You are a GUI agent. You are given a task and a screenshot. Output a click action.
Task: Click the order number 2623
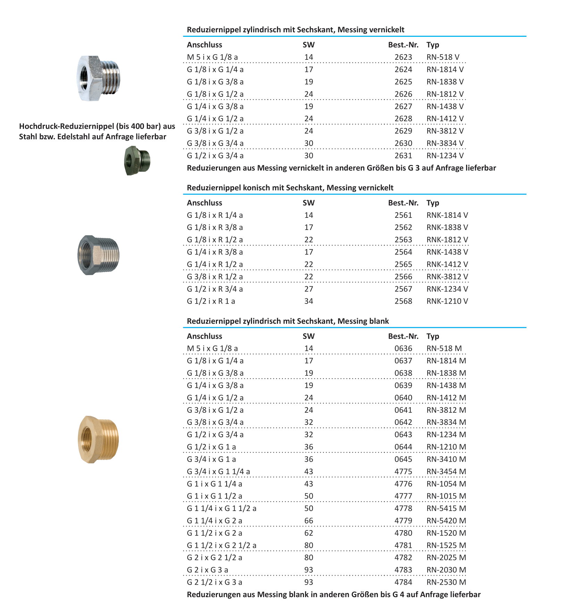(403, 57)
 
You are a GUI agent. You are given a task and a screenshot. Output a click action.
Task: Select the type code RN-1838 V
(445, 82)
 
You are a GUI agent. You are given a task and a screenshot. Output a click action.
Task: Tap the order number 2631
(403, 156)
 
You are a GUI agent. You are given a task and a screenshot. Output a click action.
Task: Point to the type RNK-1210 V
(447, 302)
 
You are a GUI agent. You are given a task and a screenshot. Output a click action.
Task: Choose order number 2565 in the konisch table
(403, 265)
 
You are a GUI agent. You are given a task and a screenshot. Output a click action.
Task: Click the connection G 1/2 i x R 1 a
(211, 302)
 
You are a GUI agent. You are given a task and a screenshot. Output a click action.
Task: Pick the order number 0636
(403, 349)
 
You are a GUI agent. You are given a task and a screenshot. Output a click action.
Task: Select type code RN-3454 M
(446, 472)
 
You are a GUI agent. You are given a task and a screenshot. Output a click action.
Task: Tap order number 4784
(403, 583)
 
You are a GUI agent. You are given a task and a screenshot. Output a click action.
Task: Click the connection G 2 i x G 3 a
(207, 570)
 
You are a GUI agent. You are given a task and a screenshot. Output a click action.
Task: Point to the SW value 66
(309, 521)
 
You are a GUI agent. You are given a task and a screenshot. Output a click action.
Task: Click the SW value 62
(309, 533)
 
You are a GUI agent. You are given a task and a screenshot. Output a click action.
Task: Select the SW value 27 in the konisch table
(309, 289)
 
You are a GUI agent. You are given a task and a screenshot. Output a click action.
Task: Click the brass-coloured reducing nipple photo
(98, 439)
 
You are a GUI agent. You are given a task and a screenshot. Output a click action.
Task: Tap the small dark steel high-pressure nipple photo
(137, 160)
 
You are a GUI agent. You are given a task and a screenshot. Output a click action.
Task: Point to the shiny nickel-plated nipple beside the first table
(98, 78)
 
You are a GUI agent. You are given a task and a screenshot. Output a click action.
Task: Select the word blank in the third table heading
(379, 321)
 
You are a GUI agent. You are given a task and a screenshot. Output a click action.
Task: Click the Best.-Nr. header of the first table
(403, 45)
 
